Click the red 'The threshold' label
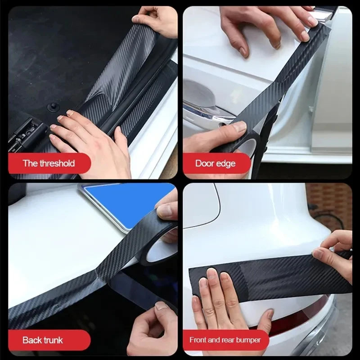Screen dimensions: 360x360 49,163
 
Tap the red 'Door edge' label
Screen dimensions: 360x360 215,163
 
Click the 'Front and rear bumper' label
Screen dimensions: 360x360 225,340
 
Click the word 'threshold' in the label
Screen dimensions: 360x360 57,163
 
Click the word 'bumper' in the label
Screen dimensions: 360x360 249,340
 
